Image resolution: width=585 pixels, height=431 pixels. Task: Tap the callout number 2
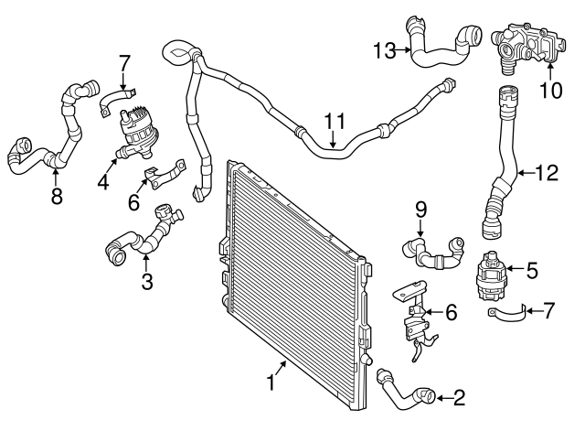tap(458, 397)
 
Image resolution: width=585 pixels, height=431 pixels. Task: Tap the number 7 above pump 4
tap(125, 63)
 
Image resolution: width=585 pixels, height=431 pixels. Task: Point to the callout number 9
tap(421, 210)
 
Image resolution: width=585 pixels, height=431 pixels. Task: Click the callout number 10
tap(551, 90)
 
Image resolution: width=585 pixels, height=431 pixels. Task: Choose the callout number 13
tap(384, 48)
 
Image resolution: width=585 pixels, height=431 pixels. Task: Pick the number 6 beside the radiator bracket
tap(451, 312)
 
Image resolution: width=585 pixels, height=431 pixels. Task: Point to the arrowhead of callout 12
tap(517, 171)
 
